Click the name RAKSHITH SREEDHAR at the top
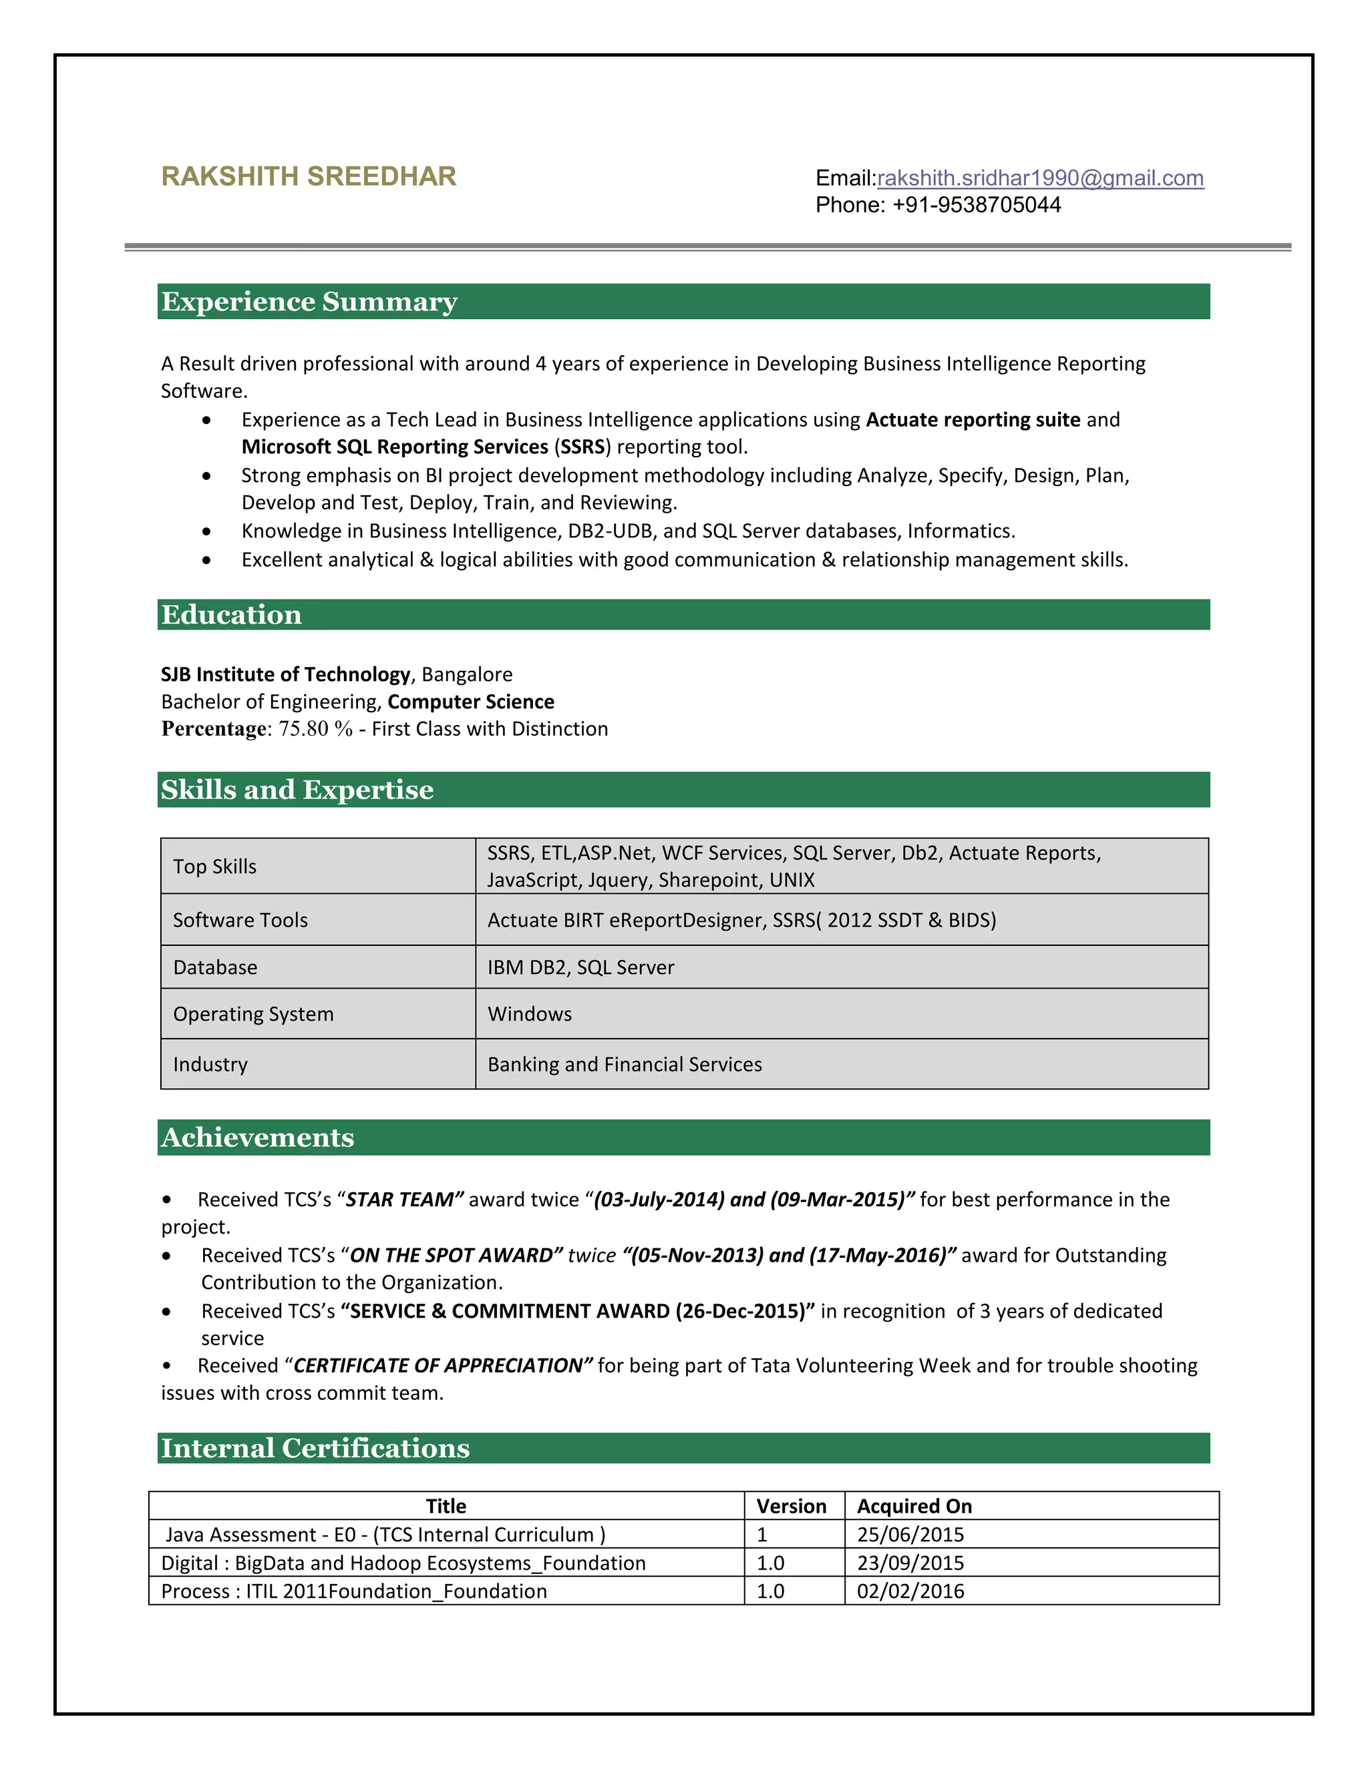[308, 177]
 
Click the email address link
[1040, 178]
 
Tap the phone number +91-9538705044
[976, 205]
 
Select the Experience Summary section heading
[309, 301]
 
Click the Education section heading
[231, 615]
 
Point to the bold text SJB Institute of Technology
[285, 675]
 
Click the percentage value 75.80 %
[315, 729]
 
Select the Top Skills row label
[215, 866]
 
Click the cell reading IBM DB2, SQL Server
[580, 967]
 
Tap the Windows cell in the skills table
[529, 1014]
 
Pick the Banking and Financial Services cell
[624, 1064]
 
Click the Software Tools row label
[240, 920]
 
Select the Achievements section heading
[257, 1138]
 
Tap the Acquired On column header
[914, 1506]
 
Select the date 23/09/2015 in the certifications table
[910, 1563]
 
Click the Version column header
[791, 1506]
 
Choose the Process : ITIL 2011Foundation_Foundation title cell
[354, 1591]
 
